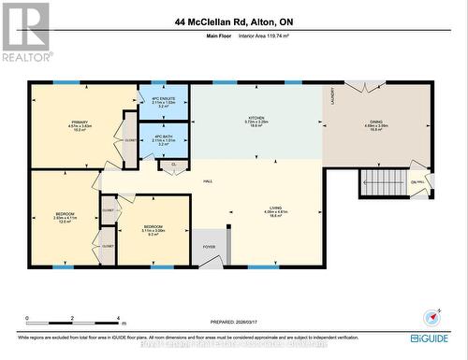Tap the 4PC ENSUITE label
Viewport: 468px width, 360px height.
coord(164,98)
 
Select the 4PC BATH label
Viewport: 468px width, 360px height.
coord(164,137)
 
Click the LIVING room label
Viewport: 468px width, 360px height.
coord(275,209)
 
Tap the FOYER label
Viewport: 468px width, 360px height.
coord(209,247)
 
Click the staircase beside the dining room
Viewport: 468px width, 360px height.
coord(379,180)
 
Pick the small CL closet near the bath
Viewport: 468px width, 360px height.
coord(173,166)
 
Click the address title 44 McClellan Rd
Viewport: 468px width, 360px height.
coord(234,22)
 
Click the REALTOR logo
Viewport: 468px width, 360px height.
coord(24,32)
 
